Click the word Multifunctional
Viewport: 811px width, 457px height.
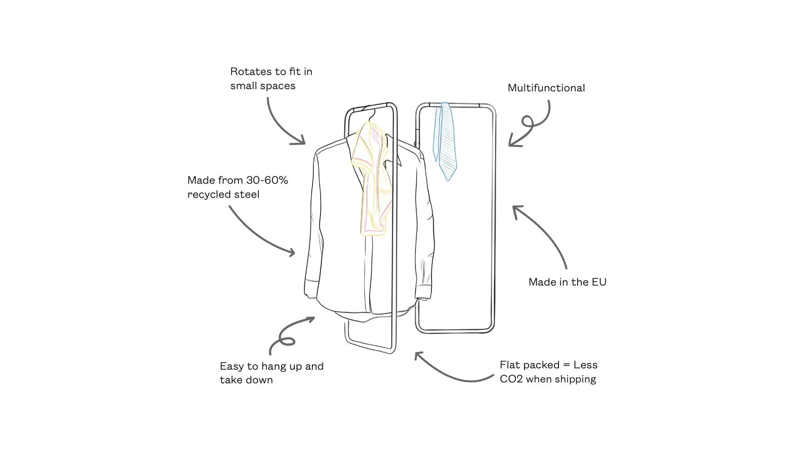546,88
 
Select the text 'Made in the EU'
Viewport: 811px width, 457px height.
568,282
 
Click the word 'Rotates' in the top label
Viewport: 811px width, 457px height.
251,71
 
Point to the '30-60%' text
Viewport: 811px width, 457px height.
267,180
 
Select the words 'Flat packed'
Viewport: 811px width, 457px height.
529,365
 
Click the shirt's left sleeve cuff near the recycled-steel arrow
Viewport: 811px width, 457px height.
311,289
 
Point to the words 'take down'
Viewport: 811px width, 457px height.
247,380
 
